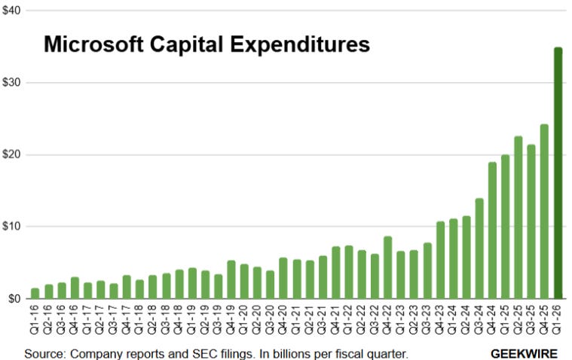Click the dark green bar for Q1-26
(558, 173)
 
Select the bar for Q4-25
(544, 212)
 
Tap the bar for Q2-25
(518, 218)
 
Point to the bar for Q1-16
(35, 293)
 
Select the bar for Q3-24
(479, 249)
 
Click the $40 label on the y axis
(11, 11)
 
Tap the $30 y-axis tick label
(11, 82)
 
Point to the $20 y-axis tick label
(11, 154)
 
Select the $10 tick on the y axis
(11, 227)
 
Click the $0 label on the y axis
(14, 298)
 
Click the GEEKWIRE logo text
(525, 352)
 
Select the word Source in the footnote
(42, 352)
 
